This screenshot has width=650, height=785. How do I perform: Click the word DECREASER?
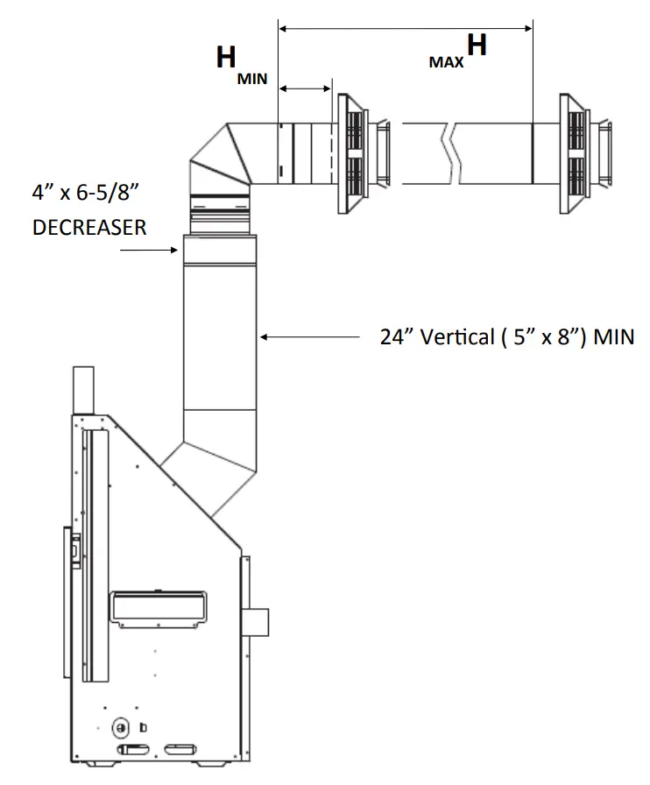[x=89, y=227]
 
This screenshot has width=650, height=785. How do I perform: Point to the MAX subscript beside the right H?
[x=446, y=63]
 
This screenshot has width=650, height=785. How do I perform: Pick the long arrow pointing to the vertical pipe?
[x=311, y=336]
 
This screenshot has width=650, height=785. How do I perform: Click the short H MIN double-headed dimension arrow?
[x=304, y=88]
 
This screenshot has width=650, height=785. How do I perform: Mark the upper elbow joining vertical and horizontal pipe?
[x=219, y=158]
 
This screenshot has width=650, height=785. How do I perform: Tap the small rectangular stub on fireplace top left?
[x=81, y=389]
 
